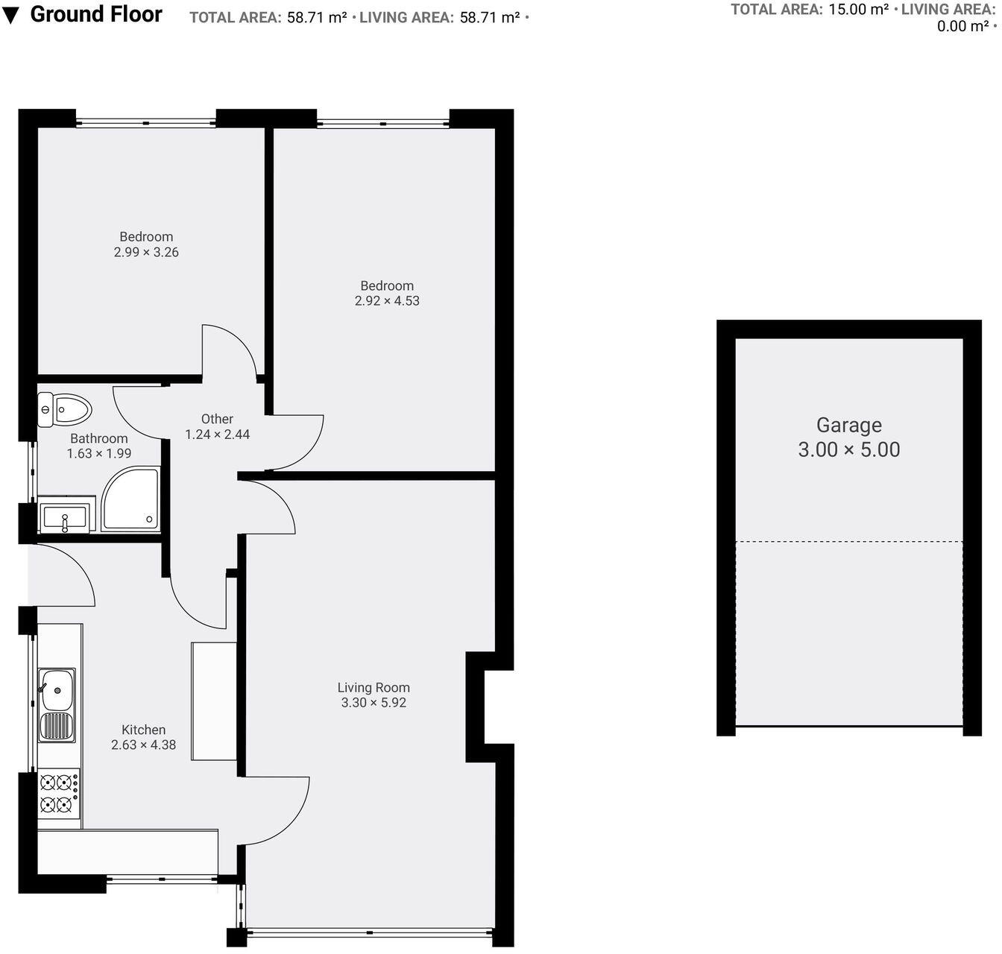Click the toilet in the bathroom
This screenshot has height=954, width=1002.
66,409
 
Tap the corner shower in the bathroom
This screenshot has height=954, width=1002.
131,499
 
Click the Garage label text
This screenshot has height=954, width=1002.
848,425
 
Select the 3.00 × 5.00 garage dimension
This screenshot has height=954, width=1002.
848,449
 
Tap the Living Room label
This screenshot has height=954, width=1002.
374,687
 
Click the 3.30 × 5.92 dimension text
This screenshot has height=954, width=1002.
374,703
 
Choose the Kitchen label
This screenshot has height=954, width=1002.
143,730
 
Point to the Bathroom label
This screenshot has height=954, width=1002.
98,438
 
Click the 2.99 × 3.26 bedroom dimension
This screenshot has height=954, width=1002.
146,252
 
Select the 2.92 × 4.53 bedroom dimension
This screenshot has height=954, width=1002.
387,301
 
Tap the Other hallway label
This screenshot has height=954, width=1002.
217,419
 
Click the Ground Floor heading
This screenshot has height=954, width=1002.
96,14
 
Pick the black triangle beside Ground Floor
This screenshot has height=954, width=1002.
11,16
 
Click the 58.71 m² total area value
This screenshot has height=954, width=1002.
317,18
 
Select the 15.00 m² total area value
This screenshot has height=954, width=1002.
858,10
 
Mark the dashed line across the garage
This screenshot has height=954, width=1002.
848,541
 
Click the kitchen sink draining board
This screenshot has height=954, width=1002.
57,727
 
